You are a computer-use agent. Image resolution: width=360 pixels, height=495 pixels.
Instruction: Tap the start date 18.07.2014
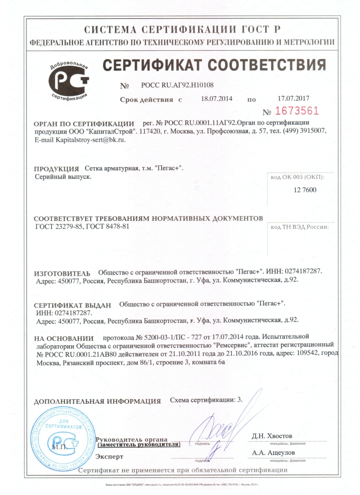click(216, 99)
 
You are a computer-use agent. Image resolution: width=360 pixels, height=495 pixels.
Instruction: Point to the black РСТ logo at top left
click(71, 81)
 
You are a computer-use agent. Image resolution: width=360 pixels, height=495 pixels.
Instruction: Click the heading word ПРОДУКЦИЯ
click(57, 169)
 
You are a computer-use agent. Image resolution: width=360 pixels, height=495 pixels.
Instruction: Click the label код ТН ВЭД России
click(300, 226)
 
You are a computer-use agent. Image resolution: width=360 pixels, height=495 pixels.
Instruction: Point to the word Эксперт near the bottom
click(110, 456)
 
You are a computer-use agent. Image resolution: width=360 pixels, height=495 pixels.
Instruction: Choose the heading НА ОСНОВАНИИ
click(64, 338)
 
